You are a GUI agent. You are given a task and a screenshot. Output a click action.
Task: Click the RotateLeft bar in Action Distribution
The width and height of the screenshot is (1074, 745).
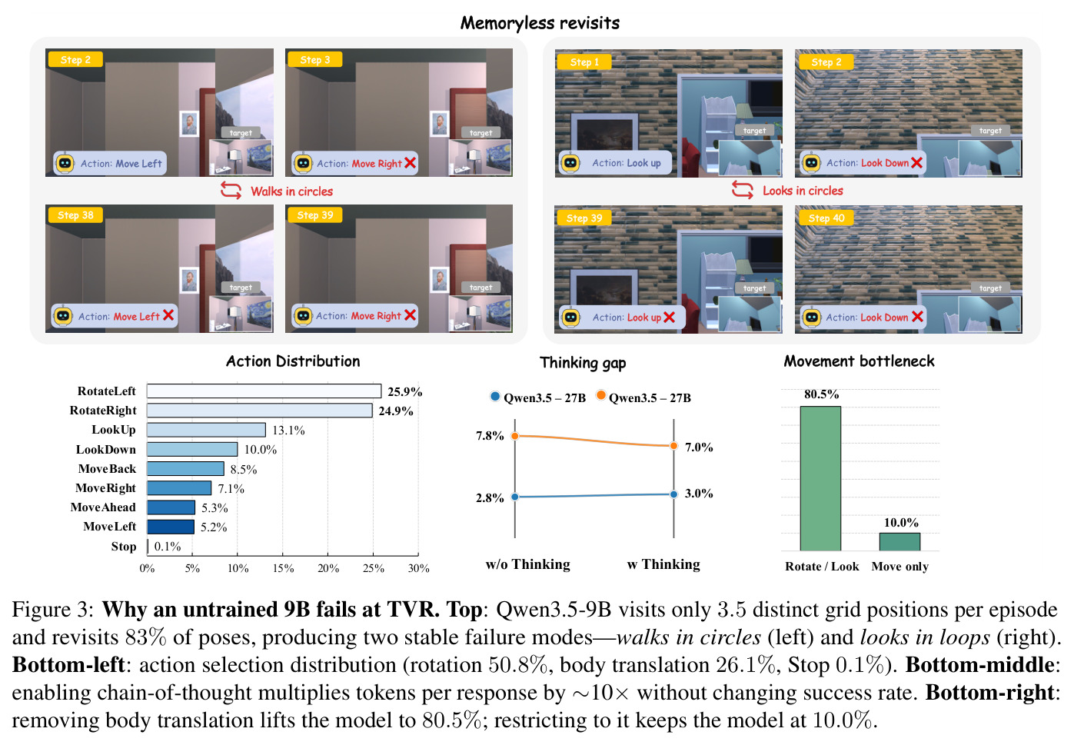point(264,391)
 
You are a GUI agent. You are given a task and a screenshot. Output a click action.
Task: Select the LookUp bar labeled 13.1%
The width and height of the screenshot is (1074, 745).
point(206,430)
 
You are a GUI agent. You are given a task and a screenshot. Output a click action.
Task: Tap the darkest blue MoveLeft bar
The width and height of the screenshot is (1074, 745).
point(171,527)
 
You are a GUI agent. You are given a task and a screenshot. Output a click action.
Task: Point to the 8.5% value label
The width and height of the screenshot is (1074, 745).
point(244,469)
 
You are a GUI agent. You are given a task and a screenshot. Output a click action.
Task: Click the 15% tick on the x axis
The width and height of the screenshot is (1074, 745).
point(283,569)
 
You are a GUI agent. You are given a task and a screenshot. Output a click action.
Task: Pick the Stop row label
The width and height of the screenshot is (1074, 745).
point(124,547)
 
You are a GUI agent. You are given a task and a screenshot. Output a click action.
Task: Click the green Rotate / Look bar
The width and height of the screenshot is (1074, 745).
point(820,478)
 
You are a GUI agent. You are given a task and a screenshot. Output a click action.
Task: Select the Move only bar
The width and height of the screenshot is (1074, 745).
point(899,542)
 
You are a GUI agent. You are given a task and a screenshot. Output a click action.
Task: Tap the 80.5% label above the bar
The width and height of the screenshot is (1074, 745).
point(821,394)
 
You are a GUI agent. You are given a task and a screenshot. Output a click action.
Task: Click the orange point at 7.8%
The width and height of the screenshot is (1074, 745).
point(515,436)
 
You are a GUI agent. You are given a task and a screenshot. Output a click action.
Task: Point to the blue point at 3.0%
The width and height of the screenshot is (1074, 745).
point(673,494)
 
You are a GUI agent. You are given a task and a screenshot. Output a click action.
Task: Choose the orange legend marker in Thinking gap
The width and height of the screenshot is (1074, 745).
point(600,395)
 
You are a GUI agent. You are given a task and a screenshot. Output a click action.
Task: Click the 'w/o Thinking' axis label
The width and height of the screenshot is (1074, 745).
point(528,564)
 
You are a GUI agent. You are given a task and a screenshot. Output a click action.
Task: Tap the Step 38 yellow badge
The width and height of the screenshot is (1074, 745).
point(75,215)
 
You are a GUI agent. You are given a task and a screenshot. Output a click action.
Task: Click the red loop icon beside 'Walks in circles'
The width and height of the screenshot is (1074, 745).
point(231,191)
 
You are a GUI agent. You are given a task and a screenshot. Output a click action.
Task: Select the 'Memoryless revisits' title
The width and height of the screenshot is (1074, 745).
point(540,22)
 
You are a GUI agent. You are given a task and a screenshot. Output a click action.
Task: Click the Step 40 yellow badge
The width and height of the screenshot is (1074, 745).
point(826,218)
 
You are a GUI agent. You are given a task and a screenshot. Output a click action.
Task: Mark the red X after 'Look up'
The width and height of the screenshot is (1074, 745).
point(670,317)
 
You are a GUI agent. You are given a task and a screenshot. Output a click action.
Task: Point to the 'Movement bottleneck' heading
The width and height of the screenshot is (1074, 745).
point(859,361)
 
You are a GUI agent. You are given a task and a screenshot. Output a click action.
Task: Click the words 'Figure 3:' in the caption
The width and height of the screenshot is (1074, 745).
point(53,610)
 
